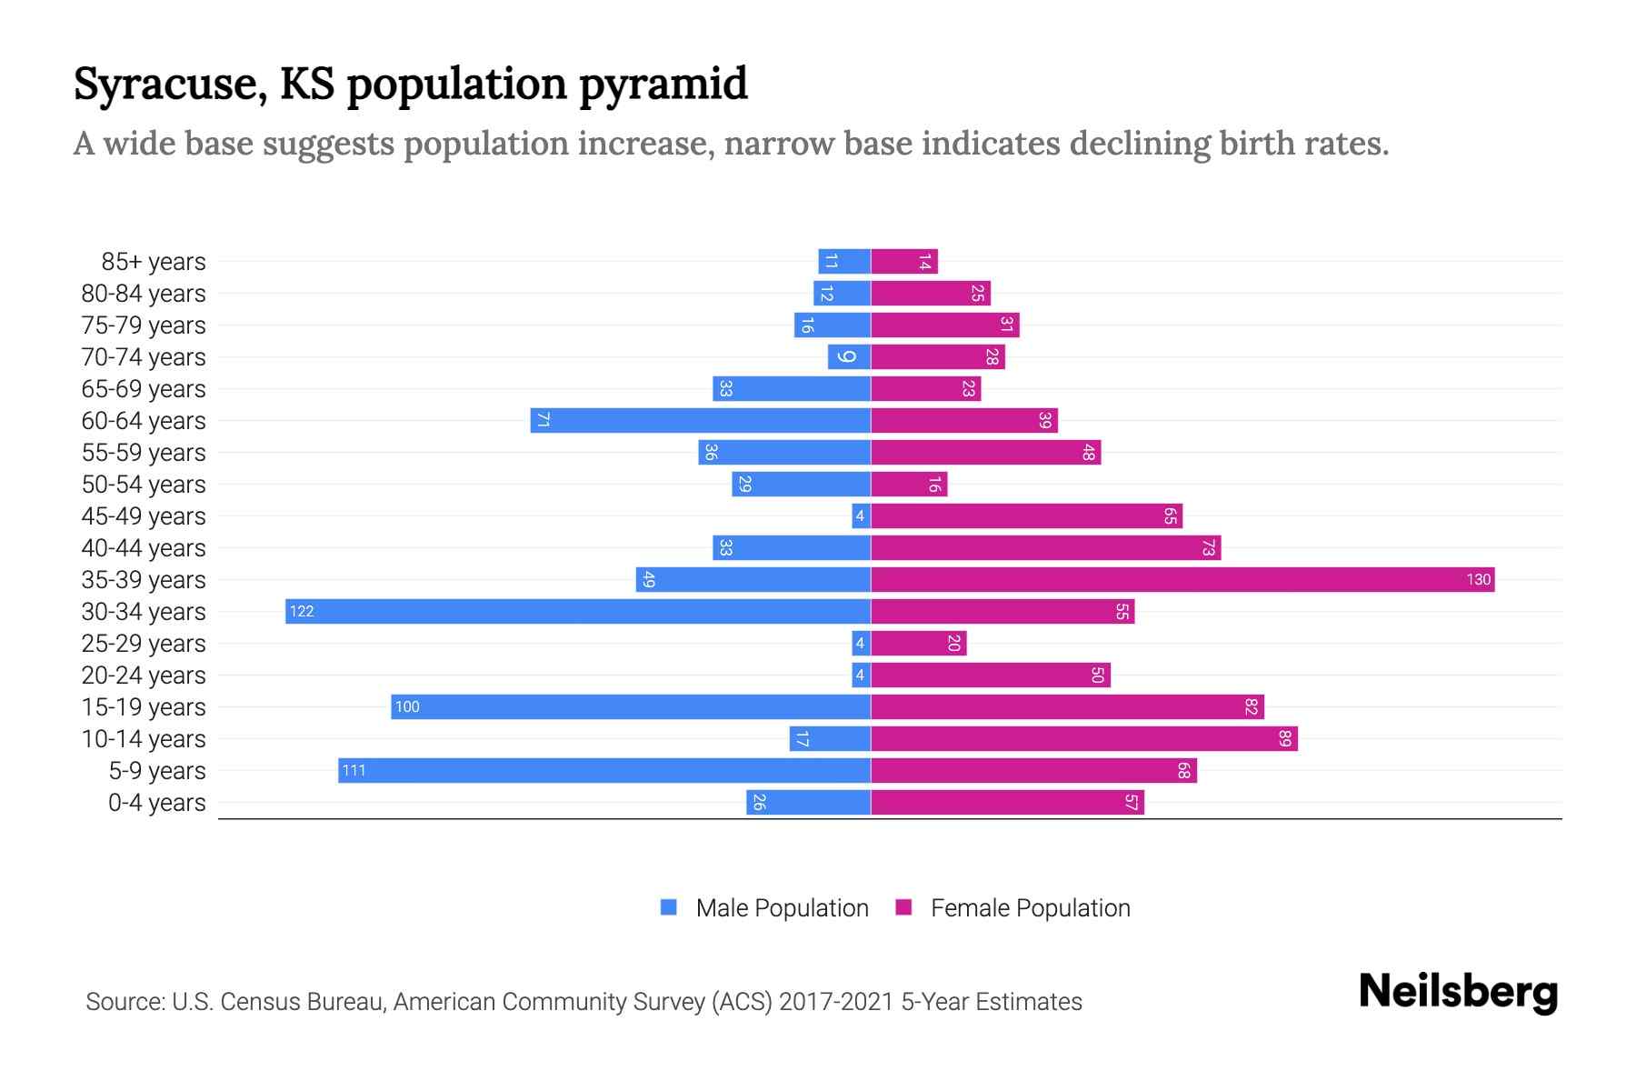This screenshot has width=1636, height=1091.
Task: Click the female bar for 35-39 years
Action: coord(1182,579)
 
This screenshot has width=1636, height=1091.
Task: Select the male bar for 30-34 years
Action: coord(578,611)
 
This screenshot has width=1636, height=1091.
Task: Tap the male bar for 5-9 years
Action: coord(604,770)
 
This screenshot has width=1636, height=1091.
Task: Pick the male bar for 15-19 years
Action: coord(631,706)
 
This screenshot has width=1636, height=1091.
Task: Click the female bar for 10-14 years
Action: coord(1084,738)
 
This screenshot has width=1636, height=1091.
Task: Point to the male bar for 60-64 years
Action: coord(701,420)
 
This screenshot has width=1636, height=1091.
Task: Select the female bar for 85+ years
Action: coord(904,262)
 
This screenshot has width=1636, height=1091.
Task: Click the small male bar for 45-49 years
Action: coord(861,515)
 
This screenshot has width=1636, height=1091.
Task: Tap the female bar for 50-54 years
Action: coord(909,484)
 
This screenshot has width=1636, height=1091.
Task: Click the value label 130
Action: coord(1478,579)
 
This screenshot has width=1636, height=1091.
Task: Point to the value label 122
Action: coord(302,611)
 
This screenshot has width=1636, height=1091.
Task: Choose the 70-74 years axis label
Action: coord(144,357)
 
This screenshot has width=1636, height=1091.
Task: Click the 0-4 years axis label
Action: coord(156,803)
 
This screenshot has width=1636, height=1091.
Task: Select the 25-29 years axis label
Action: coord(144,644)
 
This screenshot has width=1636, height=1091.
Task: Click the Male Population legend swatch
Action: coord(669,907)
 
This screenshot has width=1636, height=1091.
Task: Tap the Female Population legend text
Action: coord(1030,907)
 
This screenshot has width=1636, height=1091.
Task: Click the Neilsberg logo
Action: coord(1458,991)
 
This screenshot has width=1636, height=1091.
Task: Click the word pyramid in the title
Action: coord(663,85)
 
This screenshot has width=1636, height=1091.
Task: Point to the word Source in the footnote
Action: coord(125,1002)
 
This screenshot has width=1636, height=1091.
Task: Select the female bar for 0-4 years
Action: coord(1007,802)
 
